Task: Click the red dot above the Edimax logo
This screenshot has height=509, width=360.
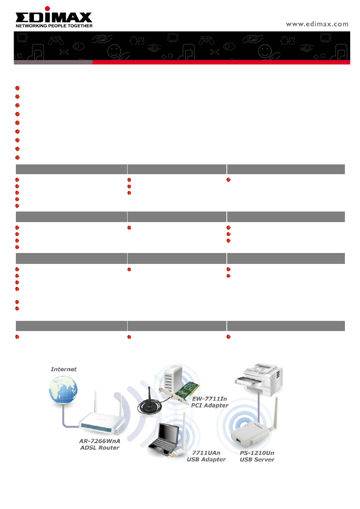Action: (47, 8)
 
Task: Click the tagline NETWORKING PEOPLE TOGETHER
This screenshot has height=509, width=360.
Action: (54, 26)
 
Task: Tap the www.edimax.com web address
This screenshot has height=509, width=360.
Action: (317, 24)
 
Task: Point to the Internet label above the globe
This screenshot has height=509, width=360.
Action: (63, 369)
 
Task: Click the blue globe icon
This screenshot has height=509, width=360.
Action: (63, 389)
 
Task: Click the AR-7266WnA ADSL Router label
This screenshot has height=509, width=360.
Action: (100, 445)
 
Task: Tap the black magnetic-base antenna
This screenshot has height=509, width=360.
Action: (149, 402)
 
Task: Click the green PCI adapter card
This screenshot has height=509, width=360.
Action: (187, 391)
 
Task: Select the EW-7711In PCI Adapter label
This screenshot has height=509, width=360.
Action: (210, 402)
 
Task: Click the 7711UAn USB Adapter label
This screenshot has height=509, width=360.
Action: (206, 456)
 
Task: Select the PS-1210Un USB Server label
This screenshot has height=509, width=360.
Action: (257, 456)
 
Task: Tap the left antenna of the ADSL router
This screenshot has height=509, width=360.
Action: (96, 402)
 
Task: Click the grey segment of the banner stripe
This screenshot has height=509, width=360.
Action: (53, 62)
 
